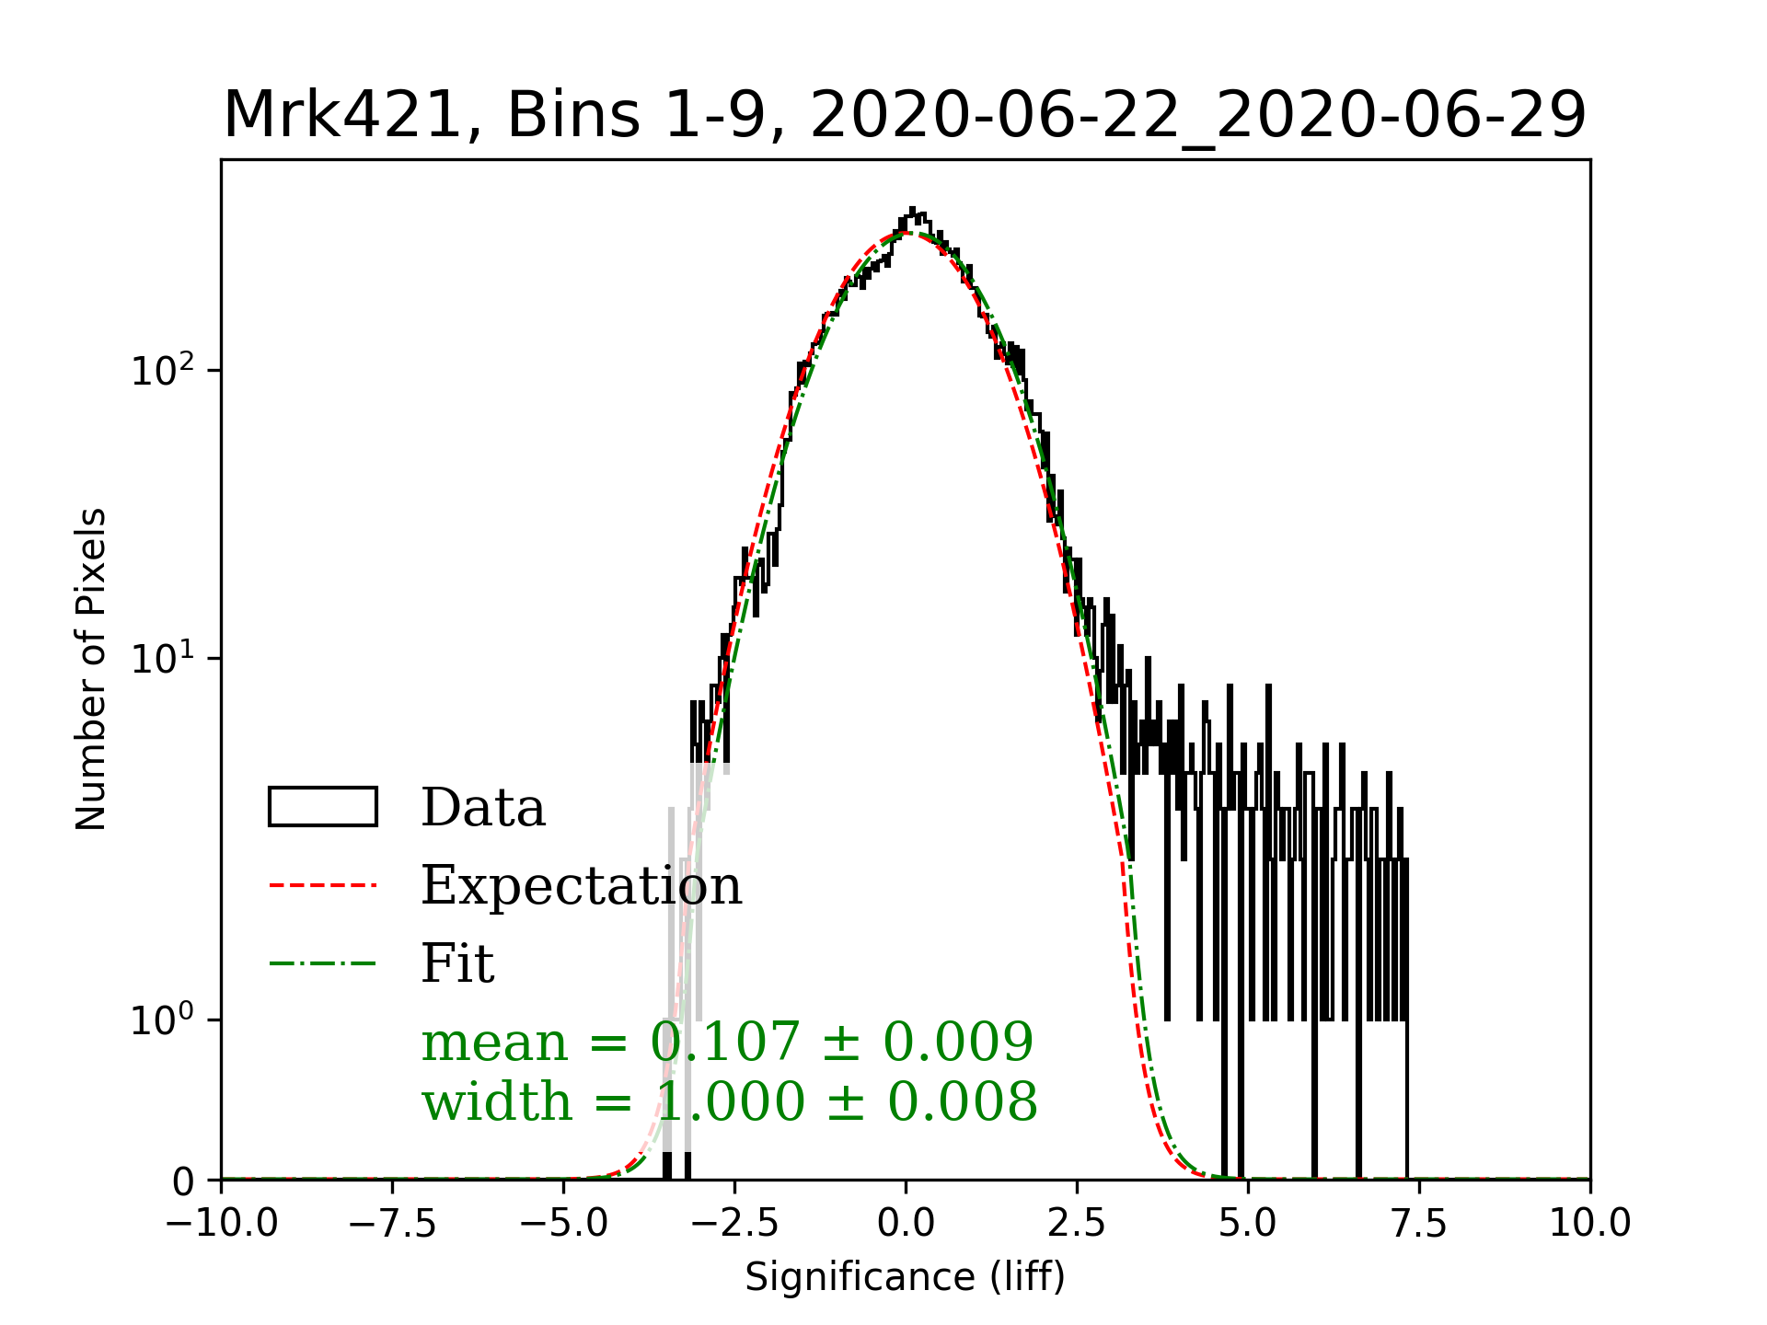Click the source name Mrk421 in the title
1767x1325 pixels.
pyautogui.click(x=341, y=116)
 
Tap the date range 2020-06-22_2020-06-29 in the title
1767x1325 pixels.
pyautogui.click(x=1198, y=116)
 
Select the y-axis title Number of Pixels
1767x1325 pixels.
pyautogui.click(x=91, y=669)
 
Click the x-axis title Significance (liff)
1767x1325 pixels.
pyautogui.click(x=905, y=1277)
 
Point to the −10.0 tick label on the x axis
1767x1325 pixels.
pyautogui.click(x=222, y=1224)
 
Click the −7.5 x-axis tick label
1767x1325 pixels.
pyautogui.click(x=393, y=1224)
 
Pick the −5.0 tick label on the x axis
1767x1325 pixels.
pyautogui.click(x=564, y=1224)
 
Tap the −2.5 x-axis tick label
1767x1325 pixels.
pyautogui.click(x=735, y=1224)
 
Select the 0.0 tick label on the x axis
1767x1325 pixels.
pyautogui.click(x=906, y=1224)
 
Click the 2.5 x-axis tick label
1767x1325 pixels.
pyautogui.click(x=1077, y=1224)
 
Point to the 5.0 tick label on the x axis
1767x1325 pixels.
pyautogui.click(x=1248, y=1224)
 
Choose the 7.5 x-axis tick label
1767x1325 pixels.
pyautogui.click(x=1419, y=1224)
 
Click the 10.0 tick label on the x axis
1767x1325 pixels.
pyautogui.click(x=1589, y=1224)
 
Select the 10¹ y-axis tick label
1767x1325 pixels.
pyautogui.click(x=164, y=658)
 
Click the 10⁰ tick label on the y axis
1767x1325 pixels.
pyautogui.click(x=164, y=1019)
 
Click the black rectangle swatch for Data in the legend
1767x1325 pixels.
pyautogui.click(x=322, y=807)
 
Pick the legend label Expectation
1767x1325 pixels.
pyautogui.click(x=581, y=885)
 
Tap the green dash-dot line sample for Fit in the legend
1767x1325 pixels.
pyautogui.click(x=322, y=963)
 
